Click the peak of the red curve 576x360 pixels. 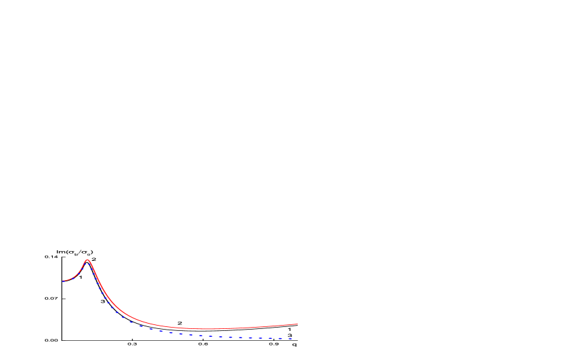[x=87, y=260]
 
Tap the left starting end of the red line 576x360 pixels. [x=63, y=281]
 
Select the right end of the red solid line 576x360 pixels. [x=297, y=324]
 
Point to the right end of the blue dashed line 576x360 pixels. [x=292, y=339]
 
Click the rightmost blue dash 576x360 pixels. [x=289, y=339]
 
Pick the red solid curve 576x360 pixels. [x=165, y=326]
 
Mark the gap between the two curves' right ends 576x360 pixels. [x=295, y=332]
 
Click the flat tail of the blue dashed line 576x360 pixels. [x=251, y=338]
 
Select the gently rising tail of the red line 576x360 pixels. [x=264, y=326]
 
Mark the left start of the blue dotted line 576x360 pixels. [x=64, y=281]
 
